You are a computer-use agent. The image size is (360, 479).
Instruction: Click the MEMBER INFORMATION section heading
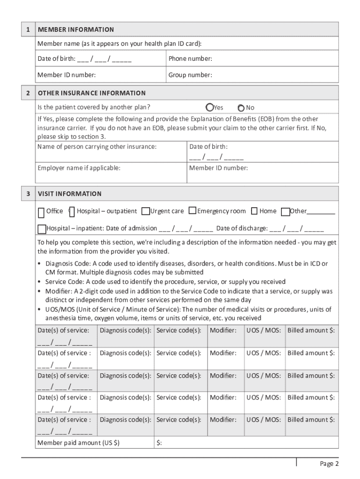pos(76,29)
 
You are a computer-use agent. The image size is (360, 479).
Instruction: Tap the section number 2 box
pos(28,93)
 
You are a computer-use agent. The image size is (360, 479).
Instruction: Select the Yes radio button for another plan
pos(210,107)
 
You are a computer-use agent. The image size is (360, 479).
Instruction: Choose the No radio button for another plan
pos(241,107)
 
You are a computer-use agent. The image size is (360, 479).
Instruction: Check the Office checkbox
pos(42,212)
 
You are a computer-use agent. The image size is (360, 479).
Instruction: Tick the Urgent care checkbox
pos(145,211)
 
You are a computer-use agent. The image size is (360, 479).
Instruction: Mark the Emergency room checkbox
pos(192,211)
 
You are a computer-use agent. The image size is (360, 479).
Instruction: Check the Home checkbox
pos(254,211)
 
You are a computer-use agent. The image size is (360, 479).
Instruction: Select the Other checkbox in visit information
pos(285,212)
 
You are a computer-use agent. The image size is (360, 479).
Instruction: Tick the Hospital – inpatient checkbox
pos(42,229)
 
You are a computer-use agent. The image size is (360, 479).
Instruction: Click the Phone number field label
pos(190,59)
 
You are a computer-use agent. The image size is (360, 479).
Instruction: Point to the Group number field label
pos(190,75)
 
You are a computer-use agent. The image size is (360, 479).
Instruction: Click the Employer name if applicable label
pos(79,167)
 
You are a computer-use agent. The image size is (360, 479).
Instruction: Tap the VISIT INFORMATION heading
pos(70,194)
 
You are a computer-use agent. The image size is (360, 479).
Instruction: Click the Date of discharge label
pos(242,228)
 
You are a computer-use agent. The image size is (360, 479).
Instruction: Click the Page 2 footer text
pos(329,464)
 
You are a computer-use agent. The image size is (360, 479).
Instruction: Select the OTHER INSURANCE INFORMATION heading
pos(92,93)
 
